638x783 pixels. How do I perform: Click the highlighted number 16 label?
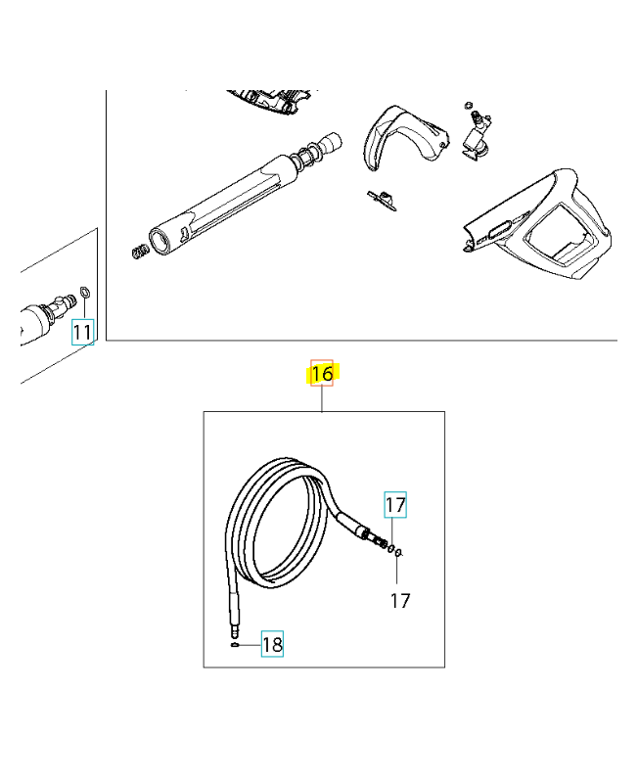click(x=322, y=373)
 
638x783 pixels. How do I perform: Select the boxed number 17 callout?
click(x=395, y=504)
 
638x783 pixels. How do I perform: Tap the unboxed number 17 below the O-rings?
click(x=400, y=601)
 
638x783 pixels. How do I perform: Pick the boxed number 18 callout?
click(x=272, y=644)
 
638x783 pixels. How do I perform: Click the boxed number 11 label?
click(x=82, y=332)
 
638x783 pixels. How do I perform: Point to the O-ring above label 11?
click(x=85, y=293)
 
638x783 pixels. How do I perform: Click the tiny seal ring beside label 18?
click(x=235, y=645)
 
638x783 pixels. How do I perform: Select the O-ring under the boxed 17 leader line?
click(x=391, y=549)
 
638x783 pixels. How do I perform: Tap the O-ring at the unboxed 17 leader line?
click(x=398, y=552)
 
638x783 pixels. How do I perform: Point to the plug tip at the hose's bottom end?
click(x=234, y=632)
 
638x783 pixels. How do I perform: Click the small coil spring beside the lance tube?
click(x=141, y=252)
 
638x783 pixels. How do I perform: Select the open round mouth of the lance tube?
click(x=160, y=241)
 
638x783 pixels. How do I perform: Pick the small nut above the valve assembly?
click(x=468, y=106)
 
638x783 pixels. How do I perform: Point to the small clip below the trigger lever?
click(x=383, y=200)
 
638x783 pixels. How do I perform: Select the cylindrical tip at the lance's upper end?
click(x=331, y=142)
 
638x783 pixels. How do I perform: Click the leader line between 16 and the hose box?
click(x=322, y=398)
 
